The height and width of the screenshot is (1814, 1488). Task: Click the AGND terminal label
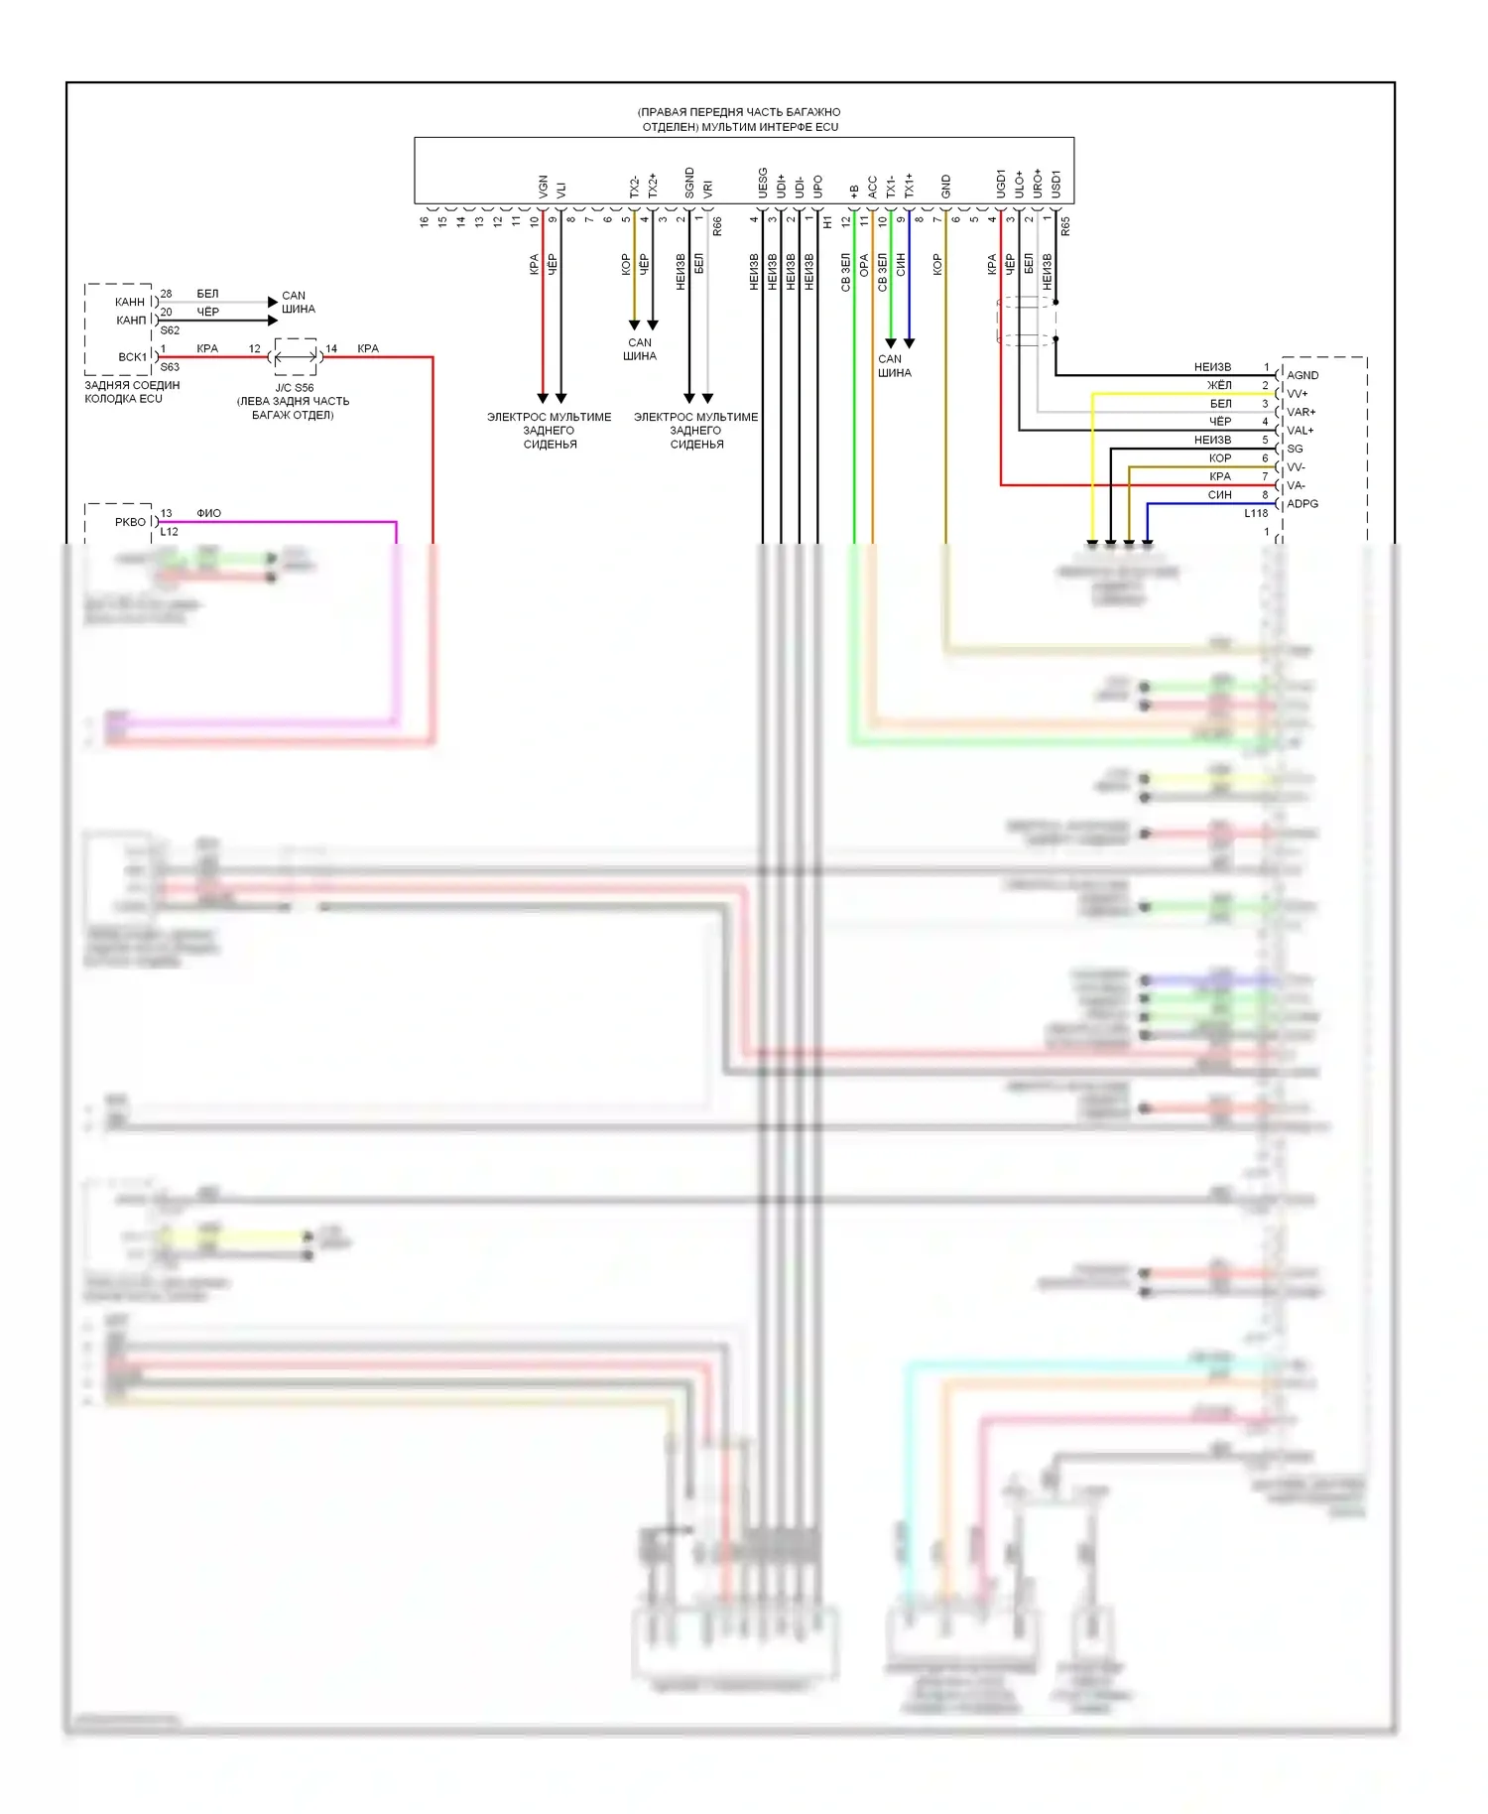tap(1302, 375)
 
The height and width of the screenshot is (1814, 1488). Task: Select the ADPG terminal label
tap(1302, 504)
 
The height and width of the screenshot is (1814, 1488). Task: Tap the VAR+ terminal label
tap(1301, 412)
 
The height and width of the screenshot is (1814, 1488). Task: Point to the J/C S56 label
tap(294, 388)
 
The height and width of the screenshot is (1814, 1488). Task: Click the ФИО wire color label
tap(208, 513)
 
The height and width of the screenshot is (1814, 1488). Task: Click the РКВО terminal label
tap(130, 522)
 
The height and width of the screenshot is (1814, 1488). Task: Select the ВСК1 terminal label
tap(132, 357)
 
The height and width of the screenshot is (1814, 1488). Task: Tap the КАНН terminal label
tap(129, 302)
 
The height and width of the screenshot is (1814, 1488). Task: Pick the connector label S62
tap(170, 330)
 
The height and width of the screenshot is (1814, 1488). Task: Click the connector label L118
tap(1256, 513)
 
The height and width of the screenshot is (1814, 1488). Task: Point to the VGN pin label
tap(543, 187)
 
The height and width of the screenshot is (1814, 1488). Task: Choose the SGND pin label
tap(689, 183)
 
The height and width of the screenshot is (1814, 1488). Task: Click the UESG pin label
tap(763, 183)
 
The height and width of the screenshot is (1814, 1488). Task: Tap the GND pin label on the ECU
tap(945, 186)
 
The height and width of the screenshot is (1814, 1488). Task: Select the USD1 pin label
tap(1055, 183)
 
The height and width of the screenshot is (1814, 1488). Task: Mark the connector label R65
tap(1065, 226)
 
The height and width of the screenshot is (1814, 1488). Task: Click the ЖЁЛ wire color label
tap(1219, 385)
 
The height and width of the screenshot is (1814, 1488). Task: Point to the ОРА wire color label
tap(864, 265)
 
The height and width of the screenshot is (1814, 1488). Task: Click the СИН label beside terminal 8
tap(1219, 494)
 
